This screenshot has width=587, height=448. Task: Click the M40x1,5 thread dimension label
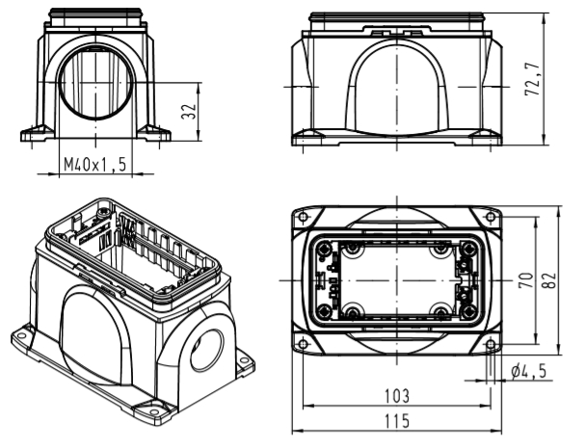95,165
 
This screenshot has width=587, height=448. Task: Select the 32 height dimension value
189,111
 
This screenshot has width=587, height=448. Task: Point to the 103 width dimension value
397,396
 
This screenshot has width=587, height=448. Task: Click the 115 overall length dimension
397,421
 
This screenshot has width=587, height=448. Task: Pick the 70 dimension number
525,280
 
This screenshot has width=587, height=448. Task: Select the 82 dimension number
549,280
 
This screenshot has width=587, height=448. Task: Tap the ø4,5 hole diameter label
528,371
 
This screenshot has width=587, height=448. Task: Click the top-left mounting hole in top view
304,217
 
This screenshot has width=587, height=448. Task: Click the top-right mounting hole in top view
491,217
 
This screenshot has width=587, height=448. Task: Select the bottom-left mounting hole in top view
304,344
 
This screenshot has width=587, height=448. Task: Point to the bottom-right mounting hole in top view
491,344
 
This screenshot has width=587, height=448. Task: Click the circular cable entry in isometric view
206,351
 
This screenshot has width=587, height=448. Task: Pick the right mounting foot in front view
154,133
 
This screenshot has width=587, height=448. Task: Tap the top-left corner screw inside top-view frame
324,249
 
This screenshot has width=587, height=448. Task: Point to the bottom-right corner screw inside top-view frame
467,311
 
